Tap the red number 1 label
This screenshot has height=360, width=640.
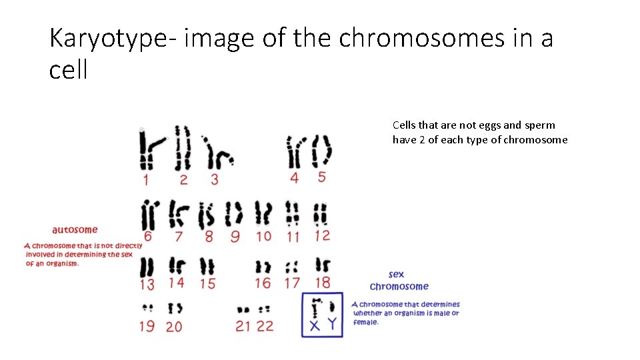tap(145, 179)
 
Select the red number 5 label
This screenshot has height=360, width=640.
tap(322, 177)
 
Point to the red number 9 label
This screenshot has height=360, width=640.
tap(235, 236)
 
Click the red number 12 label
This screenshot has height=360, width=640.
tap(322, 235)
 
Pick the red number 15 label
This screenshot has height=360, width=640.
tap(208, 283)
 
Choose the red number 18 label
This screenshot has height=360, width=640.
tap(322, 283)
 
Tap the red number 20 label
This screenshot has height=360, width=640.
tap(174, 326)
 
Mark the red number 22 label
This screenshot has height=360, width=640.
tap(265, 326)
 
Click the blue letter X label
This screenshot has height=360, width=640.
tap(314, 326)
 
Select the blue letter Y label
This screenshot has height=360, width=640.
tap(332, 326)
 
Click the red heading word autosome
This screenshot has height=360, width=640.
tap(75, 230)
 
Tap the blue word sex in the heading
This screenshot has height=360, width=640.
tap(397, 274)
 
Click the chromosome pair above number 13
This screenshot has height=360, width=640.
tap(147, 267)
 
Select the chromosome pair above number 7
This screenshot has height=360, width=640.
tap(177, 214)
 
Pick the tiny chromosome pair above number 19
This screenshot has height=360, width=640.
tap(147, 308)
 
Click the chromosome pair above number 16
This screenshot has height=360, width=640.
tap(263, 268)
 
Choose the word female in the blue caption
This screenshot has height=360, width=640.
tap(366, 322)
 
